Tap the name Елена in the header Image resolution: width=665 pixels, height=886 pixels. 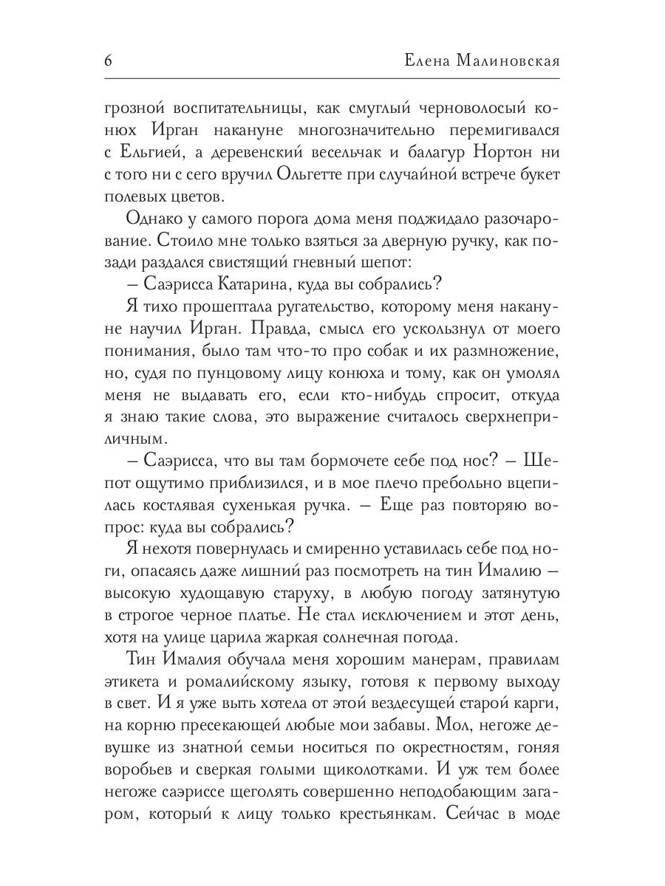(432, 61)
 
